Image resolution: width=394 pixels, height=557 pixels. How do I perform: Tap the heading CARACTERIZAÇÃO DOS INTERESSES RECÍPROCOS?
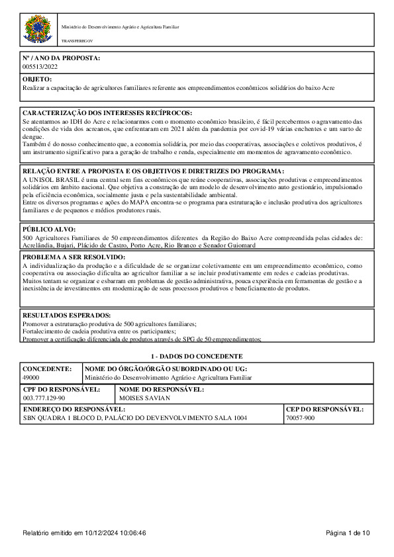point(107,114)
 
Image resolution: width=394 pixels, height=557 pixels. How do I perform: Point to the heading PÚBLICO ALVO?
point(50,229)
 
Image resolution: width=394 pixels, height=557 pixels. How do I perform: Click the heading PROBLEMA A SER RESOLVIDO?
point(74,257)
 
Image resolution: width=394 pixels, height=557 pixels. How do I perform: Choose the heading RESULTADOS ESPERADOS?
point(67,316)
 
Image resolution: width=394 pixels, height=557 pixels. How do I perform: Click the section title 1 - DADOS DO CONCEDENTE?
point(197,356)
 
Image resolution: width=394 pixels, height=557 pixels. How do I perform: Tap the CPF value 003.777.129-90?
point(44,398)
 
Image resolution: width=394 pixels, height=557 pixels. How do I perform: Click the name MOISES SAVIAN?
point(144,398)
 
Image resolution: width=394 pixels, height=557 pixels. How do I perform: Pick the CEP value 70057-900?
point(301,419)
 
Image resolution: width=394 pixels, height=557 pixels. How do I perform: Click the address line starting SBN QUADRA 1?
point(134,419)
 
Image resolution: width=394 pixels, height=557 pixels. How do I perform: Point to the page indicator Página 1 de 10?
point(348,533)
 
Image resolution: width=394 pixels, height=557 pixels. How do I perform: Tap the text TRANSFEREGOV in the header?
point(77,41)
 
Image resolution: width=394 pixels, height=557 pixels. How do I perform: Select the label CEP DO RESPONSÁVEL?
point(324,409)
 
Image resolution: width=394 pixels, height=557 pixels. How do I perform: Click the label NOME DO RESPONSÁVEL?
point(162,389)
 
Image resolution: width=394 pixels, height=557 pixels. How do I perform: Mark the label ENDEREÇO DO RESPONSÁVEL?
point(74,409)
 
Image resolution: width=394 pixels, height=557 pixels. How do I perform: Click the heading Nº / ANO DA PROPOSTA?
point(62,58)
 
